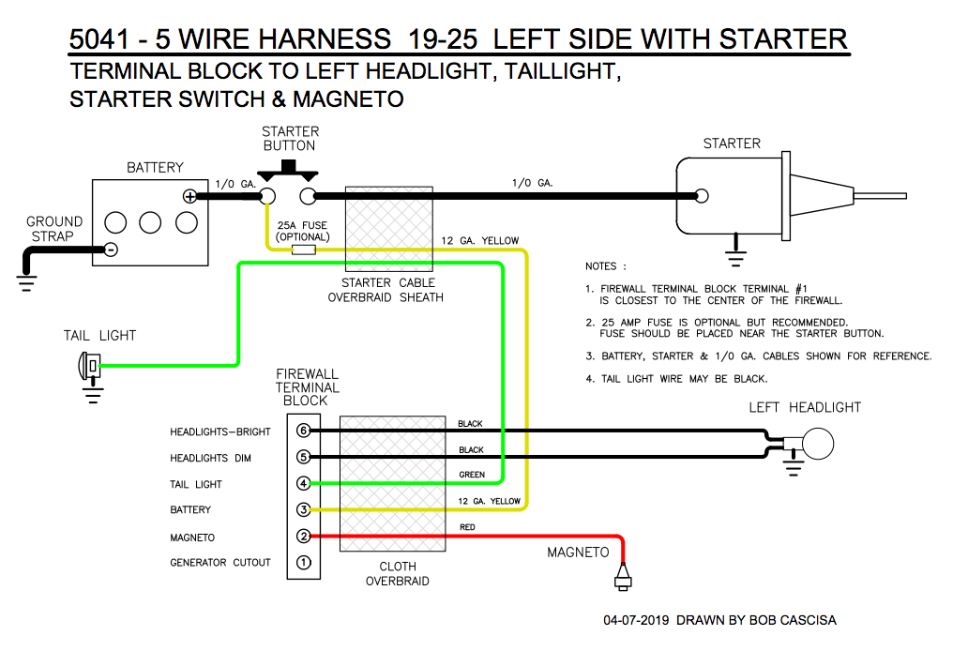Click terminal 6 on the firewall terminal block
(x=303, y=431)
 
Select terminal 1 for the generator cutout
(x=303, y=563)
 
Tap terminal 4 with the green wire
(x=303, y=484)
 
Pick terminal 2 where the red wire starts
(x=303, y=537)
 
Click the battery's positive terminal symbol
(x=190, y=196)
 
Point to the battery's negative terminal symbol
(x=111, y=249)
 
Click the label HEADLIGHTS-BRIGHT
(x=219, y=432)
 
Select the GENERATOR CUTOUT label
(x=219, y=563)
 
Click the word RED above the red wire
(x=467, y=528)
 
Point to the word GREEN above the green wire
(x=472, y=476)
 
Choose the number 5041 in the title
(x=99, y=39)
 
